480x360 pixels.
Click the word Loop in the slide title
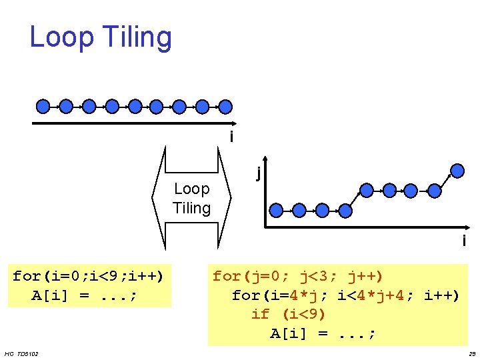61,38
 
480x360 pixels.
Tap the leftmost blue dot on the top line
43,105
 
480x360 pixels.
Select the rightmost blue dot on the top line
226,105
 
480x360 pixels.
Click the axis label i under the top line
231,137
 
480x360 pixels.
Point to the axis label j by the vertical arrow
257,173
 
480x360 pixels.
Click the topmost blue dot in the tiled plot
457,169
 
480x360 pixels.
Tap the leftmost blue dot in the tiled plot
277,210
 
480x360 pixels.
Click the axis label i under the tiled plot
464,241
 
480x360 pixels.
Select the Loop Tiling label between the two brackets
191,199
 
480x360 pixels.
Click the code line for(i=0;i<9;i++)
89,276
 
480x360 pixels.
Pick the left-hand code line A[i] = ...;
84,295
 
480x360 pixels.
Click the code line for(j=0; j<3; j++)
298,276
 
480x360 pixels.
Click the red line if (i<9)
288,314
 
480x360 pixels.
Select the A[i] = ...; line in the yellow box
323,333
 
